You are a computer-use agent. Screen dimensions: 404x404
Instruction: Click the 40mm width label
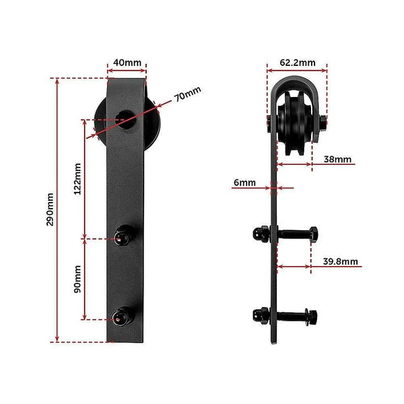[127, 63]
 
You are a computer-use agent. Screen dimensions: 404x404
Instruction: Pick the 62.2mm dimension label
[297, 63]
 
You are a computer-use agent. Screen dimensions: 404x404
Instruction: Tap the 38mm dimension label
[337, 160]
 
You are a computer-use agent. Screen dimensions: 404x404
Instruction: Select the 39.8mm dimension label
[340, 261]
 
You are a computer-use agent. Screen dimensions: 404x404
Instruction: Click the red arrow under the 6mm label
[275, 188]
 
